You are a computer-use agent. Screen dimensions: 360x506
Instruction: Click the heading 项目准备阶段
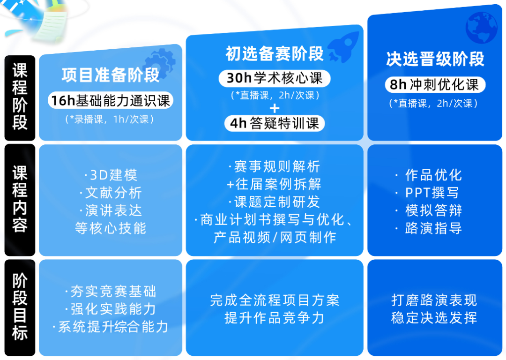tap(111, 75)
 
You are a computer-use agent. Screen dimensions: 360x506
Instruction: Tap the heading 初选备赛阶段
tap(275, 54)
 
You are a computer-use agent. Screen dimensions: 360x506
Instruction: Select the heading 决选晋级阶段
tap(435, 60)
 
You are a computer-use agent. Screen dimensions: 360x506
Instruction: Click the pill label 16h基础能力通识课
tap(111, 100)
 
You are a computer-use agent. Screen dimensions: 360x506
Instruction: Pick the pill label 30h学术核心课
tap(275, 78)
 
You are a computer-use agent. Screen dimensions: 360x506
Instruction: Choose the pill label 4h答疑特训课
tap(275, 123)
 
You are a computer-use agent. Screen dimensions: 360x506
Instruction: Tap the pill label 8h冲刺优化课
tap(435, 85)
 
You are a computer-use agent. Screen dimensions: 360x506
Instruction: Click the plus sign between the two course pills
tap(275, 109)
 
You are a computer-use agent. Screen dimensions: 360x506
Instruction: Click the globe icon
tap(480, 28)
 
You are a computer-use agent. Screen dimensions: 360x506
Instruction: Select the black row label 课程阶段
tap(20, 97)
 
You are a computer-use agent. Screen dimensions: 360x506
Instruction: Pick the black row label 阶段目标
tap(20, 307)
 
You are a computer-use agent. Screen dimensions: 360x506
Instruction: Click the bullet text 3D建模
tap(111, 175)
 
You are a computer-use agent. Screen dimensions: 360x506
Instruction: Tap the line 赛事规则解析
tap(275, 166)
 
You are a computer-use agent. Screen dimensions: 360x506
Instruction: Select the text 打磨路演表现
tap(434, 300)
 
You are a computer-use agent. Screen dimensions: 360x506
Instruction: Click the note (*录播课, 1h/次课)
tap(111, 120)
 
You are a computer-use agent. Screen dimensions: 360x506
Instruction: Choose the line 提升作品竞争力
tap(275, 318)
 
